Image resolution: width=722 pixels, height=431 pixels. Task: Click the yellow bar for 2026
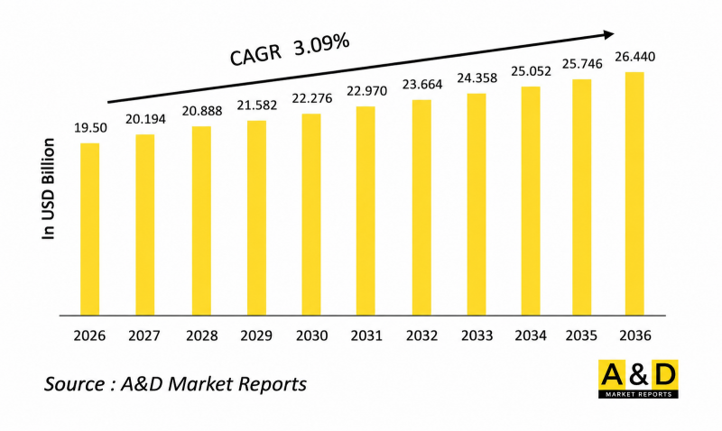point(90,230)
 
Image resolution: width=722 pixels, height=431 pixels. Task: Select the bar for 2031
point(366,212)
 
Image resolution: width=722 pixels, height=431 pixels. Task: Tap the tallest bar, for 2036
point(634,194)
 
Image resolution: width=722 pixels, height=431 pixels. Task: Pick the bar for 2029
point(256,218)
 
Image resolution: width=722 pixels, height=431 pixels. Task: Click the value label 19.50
point(90,128)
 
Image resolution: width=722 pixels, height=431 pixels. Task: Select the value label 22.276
point(312,99)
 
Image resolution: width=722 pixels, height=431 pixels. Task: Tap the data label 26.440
point(635,57)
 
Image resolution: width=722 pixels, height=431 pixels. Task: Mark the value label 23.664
point(421,86)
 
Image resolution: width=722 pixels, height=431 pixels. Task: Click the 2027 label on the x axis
point(145,335)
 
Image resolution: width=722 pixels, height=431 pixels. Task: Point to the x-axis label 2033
point(476,335)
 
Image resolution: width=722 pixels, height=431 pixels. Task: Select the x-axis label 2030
point(311,335)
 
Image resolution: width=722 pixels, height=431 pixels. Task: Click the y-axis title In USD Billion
point(49,189)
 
